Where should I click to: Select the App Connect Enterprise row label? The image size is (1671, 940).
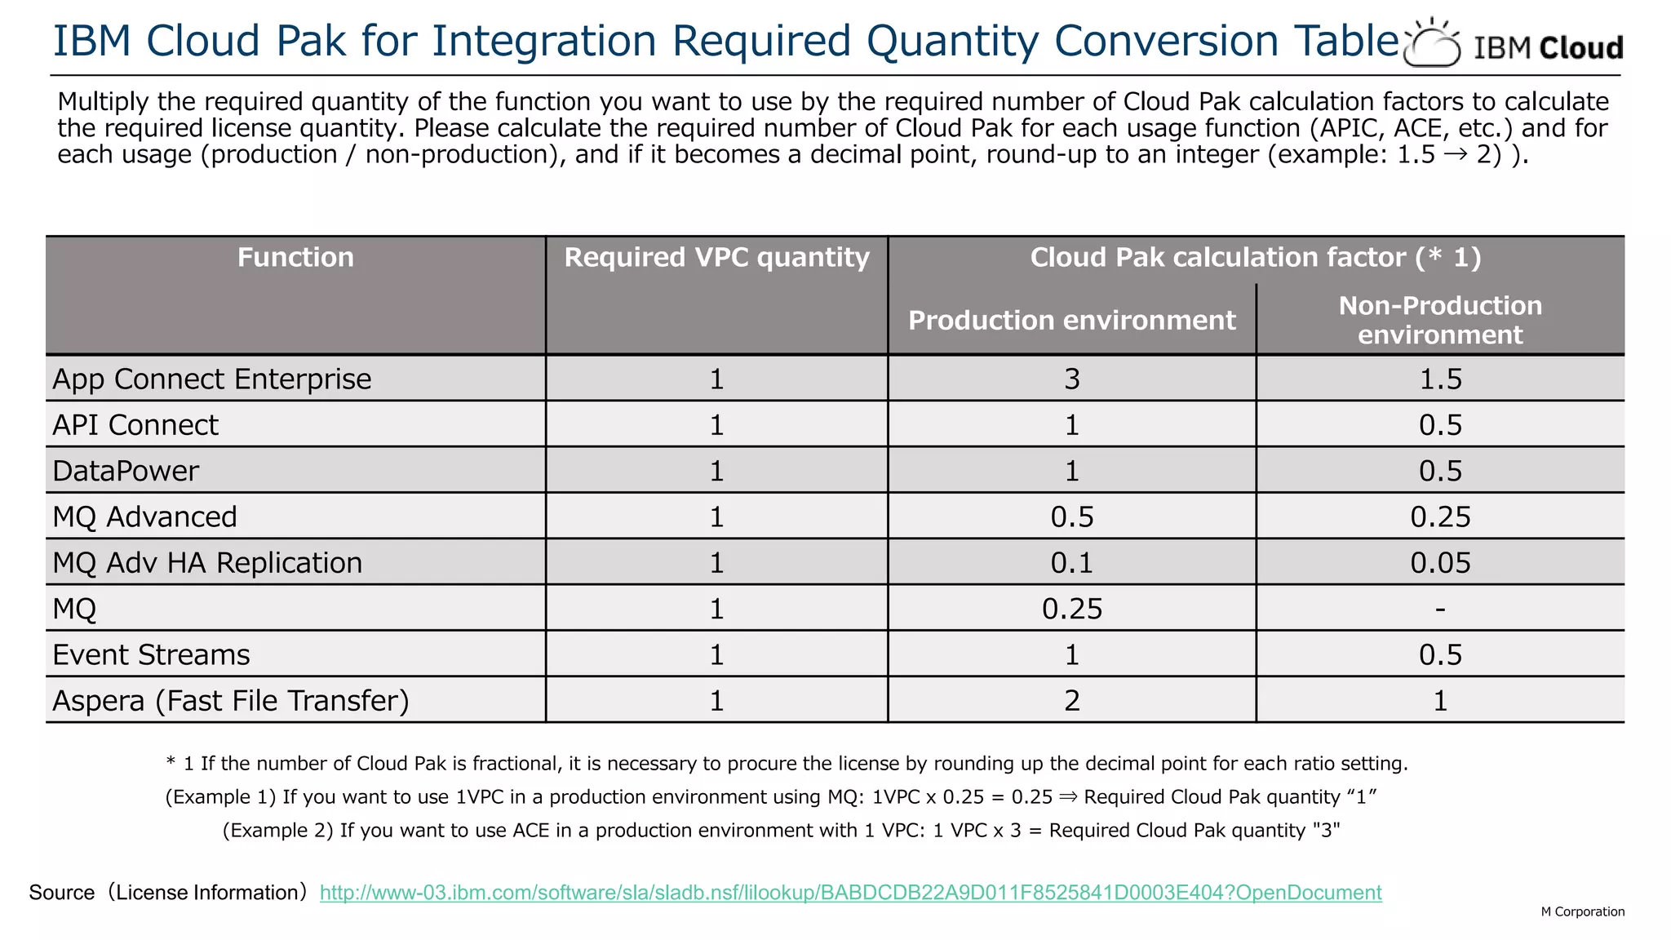click(212, 379)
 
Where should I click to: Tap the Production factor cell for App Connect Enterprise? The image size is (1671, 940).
click(1071, 379)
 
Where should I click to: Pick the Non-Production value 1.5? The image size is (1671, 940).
click(1440, 379)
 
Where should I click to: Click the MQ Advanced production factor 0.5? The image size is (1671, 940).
click(1071, 517)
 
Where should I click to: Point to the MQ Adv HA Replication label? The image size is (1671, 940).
click(207, 563)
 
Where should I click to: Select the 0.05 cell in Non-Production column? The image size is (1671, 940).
click(1440, 563)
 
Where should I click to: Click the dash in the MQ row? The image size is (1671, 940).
click(1440, 609)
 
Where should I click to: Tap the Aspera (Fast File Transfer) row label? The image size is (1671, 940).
click(231, 701)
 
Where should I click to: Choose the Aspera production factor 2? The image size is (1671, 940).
click(1071, 701)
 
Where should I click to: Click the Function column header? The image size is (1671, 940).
click(295, 258)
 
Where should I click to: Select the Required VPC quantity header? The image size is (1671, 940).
click(716, 258)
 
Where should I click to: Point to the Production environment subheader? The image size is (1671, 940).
click(1071, 321)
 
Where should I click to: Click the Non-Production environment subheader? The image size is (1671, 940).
click(1440, 320)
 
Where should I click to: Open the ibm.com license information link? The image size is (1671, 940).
click(850, 893)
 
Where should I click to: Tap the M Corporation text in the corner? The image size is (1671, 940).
click(1582, 911)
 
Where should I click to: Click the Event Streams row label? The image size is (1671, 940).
click(151, 655)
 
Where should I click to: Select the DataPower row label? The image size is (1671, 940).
click(126, 472)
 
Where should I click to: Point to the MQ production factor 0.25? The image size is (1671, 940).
click(1071, 610)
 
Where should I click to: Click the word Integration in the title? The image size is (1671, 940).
click(543, 41)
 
